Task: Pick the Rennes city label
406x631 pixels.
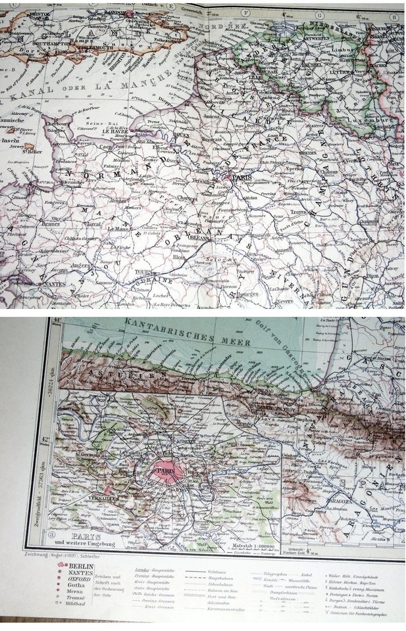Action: (45, 222)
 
